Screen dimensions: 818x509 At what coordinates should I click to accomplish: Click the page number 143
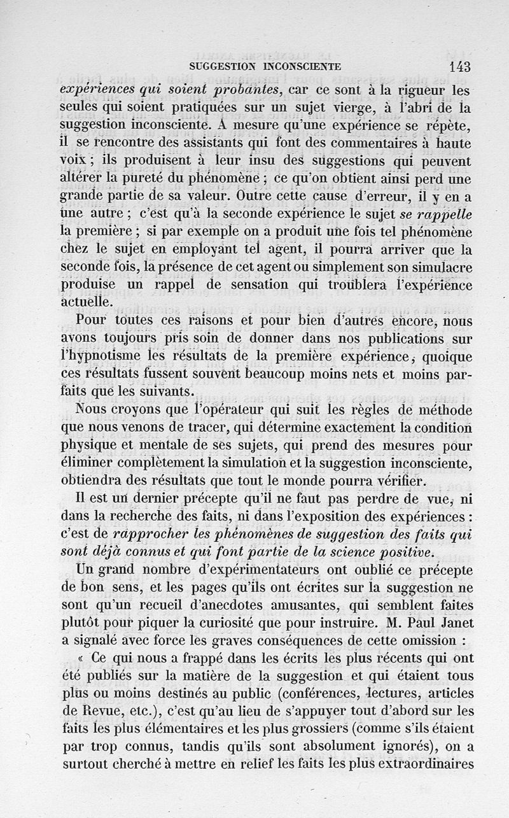459,67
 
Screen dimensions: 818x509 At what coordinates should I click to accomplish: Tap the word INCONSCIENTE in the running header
303,66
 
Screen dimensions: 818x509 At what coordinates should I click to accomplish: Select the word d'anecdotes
230,603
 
